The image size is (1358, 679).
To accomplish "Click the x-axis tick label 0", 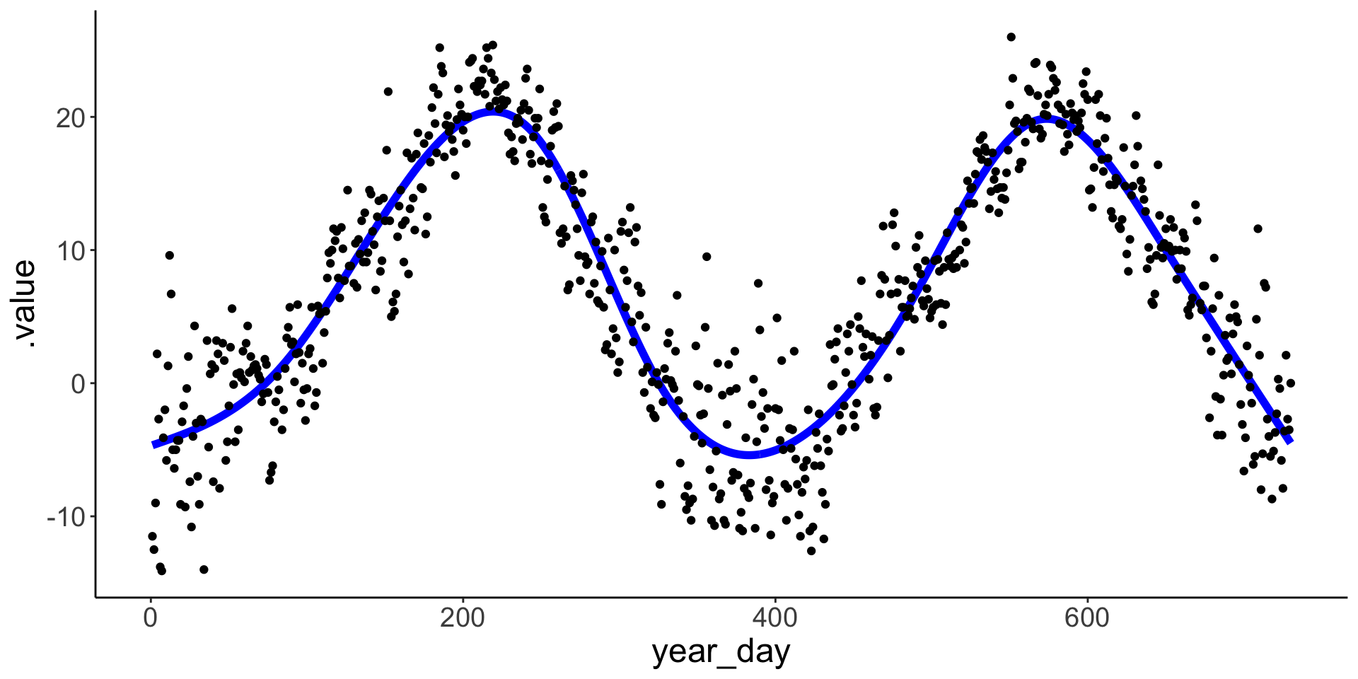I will pos(150,619).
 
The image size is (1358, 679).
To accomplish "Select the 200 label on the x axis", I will pos(463,619).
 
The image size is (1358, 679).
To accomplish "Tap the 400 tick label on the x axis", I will pos(775,619).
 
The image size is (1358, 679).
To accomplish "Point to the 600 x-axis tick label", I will pos(1087,619).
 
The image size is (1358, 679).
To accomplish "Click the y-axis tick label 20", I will pos(70,117).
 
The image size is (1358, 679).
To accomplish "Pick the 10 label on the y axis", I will pos(70,250).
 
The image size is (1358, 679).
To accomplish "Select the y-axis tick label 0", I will pos(78,384).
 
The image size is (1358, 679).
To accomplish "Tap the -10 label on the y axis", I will pos(66,517).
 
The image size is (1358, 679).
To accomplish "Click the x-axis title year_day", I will pos(721,652).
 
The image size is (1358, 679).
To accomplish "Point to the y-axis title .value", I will pos(25,304).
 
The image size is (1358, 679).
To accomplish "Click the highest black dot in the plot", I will pos(1011,37).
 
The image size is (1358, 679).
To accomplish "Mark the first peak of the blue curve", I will pos(491,112).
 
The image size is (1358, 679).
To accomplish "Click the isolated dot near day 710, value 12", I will pos(1258,228).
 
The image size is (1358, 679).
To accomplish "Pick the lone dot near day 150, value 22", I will pos(388,91).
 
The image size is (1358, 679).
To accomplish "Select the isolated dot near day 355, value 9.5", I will pos(706,256).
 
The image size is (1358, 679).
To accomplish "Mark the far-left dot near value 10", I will pos(169,255).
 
